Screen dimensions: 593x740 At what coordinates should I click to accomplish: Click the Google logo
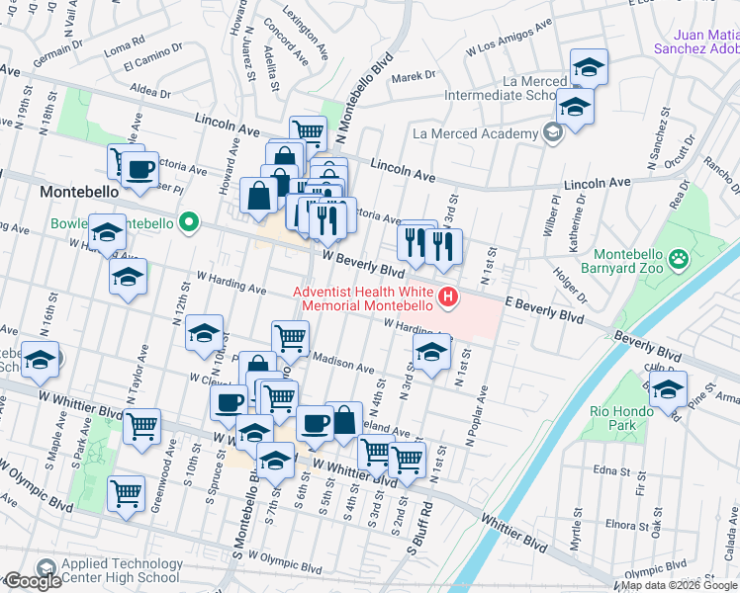33,581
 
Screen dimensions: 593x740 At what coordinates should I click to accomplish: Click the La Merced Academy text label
474,133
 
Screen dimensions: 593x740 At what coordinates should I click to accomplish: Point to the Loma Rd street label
124,44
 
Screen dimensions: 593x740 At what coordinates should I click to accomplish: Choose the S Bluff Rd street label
424,533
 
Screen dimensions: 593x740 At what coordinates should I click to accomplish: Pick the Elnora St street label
621,523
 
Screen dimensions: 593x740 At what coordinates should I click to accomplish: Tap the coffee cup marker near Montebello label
140,169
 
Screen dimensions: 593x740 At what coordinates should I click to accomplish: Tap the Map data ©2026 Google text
679,585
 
